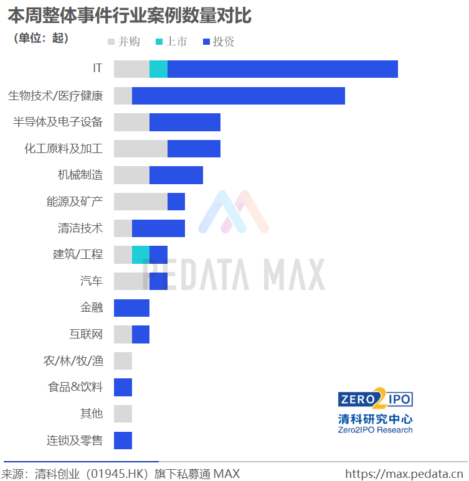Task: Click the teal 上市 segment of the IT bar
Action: click(x=158, y=69)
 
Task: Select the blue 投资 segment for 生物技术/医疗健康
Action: click(x=239, y=96)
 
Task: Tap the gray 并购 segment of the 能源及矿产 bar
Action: click(x=141, y=202)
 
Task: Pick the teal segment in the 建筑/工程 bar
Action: click(x=141, y=255)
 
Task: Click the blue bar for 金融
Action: click(x=132, y=308)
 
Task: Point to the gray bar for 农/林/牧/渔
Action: click(x=123, y=361)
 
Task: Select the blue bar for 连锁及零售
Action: click(x=123, y=441)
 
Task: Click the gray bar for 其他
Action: click(x=123, y=414)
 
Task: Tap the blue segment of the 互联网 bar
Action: click(x=141, y=334)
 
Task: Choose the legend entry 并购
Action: click(x=124, y=42)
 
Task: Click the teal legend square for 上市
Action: click(x=159, y=42)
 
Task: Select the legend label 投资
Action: click(x=224, y=42)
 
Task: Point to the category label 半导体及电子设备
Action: click(x=58, y=122)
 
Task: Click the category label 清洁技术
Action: click(x=80, y=228)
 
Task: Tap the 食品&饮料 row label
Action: click(x=75, y=387)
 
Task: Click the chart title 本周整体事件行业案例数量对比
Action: click(x=130, y=16)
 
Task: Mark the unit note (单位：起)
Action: click(x=41, y=38)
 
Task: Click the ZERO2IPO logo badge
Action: click(x=376, y=399)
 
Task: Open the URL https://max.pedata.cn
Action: click(x=404, y=474)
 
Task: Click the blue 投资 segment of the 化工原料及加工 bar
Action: click(x=194, y=149)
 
